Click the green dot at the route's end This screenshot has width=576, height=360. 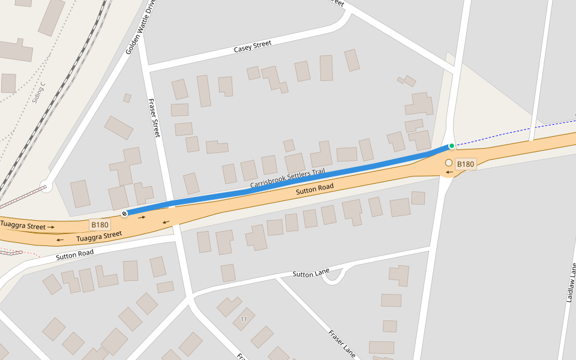tap(452, 146)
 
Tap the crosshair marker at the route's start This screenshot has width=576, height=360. tap(125, 214)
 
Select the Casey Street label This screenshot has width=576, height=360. tap(253, 46)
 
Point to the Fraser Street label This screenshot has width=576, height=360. tap(154, 118)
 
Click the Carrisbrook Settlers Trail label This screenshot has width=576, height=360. tap(287, 177)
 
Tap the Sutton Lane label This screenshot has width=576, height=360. tap(311, 274)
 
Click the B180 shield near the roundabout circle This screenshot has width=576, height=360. tap(466, 164)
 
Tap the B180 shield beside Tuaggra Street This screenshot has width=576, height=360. tap(100, 225)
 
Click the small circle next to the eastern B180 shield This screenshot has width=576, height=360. tap(448, 163)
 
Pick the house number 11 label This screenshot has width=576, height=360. tap(244, 318)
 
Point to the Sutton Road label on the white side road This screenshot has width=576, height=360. tap(75, 254)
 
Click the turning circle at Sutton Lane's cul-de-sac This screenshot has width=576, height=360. tap(334, 275)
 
